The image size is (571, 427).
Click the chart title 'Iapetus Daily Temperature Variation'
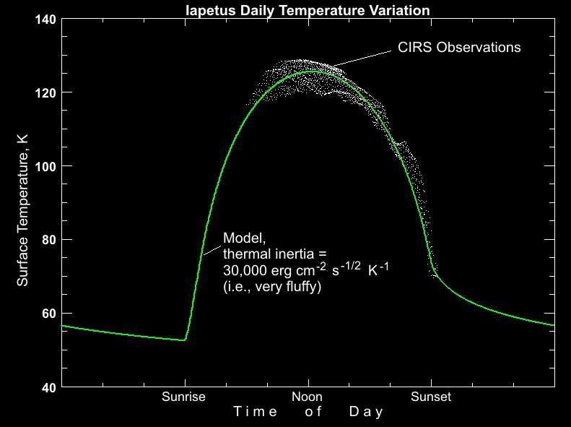[x=307, y=10]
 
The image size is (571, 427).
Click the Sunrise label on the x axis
[x=183, y=397]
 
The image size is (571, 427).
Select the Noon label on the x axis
[x=307, y=397]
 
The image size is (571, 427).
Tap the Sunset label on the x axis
[x=431, y=397]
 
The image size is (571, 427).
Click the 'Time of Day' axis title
[x=308, y=412]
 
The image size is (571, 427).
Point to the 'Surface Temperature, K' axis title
[x=23, y=203]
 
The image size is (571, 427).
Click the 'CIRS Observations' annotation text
[x=459, y=48]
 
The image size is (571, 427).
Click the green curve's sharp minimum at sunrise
[x=185, y=340]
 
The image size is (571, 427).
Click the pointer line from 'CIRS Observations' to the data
[x=365, y=57]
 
